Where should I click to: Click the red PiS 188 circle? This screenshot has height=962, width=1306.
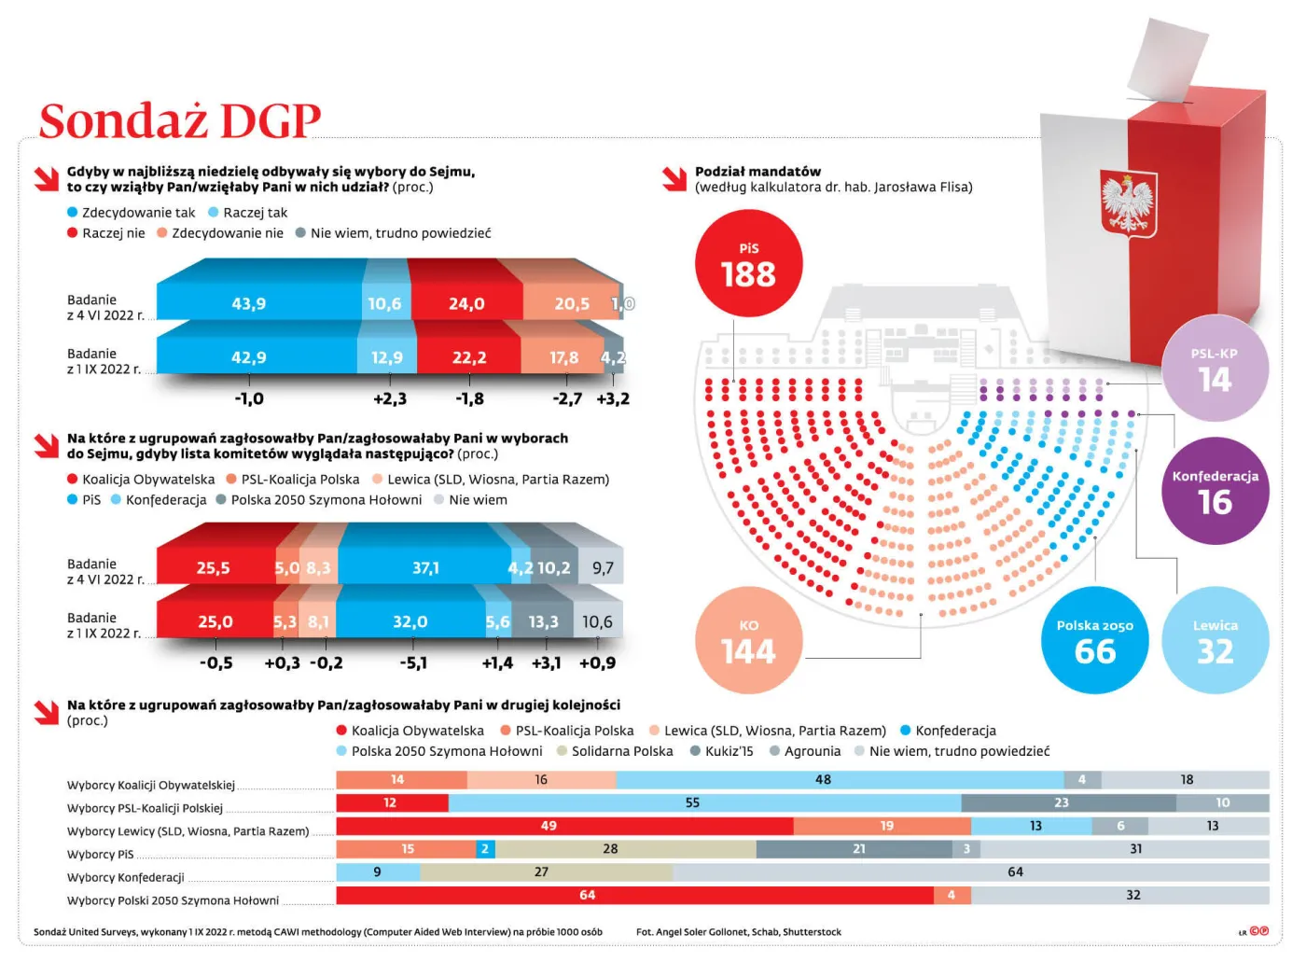pyautogui.click(x=748, y=264)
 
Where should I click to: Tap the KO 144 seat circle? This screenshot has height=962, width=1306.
pyautogui.click(x=748, y=640)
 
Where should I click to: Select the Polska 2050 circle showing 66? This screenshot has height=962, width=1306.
pyautogui.click(x=1094, y=640)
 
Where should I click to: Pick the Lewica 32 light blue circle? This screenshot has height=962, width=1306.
pyautogui.click(x=1215, y=640)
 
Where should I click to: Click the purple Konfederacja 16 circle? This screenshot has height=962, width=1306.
pyautogui.click(x=1215, y=491)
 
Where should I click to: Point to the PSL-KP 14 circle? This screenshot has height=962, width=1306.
pyautogui.click(x=1215, y=369)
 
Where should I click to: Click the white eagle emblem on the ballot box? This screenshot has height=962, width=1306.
pyautogui.click(x=1127, y=202)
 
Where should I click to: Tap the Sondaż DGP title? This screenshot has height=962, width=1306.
pyautogui.click(x=179, y=120)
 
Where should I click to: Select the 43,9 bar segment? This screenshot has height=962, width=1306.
pyautogui.click(x=249, y=303)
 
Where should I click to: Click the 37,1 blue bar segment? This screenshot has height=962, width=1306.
pyautogui.click(x=425, y=567)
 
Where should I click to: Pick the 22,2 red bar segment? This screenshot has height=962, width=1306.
pyautogui.click(x=468, y=357)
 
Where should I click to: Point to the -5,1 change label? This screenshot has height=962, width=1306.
pyautogui.click(x=412, y=663)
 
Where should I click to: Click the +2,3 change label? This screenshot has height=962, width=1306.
pyautogui.click(x=389, y=399)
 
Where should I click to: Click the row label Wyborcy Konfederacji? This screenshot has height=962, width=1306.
pyautogui.click(x=126, y=877)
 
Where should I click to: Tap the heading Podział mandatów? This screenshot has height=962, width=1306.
pyautogui.click(x=757, y=172)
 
